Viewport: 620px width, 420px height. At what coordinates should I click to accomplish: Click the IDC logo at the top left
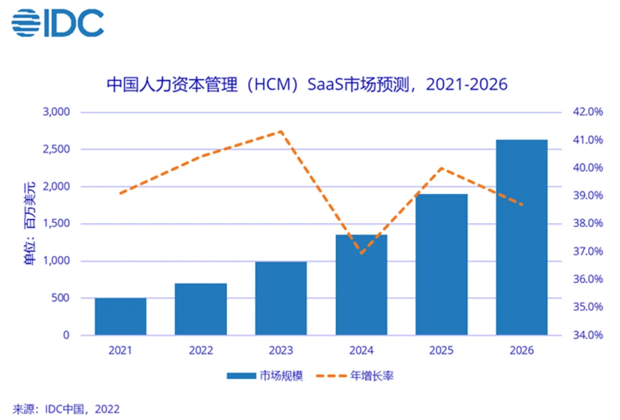[x=57, y=23]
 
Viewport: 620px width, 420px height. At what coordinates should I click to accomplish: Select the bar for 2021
[x=121, y=316]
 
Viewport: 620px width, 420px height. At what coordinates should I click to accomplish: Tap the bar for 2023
[x=281, y=298]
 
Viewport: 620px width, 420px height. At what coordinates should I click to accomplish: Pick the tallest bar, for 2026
[x=522, y=237]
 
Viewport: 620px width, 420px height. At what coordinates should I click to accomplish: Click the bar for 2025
[x=441, y=264]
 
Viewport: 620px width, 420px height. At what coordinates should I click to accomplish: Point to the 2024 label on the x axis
[x=362, y=351]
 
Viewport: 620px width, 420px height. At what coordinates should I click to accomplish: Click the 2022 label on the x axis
[x=201, y=351]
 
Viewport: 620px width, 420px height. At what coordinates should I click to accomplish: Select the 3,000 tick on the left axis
[x=56, y=112]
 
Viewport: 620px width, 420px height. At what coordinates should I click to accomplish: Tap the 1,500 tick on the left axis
[x=56, y=224]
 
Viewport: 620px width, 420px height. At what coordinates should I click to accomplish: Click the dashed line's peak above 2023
[x=281, y=131]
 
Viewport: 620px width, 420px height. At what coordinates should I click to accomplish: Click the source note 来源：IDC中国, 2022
[x=66, y=409]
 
